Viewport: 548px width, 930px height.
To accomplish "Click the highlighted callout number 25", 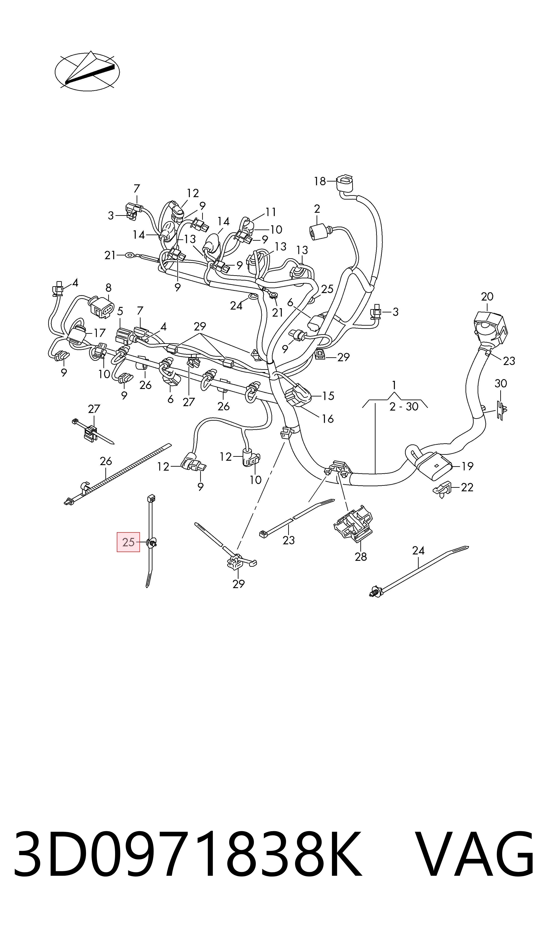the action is (128, 542).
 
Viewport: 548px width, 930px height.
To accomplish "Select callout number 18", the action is (320, 181).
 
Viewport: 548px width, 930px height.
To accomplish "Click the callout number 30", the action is (501, 383).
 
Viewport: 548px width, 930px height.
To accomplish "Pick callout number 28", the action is (361, 557).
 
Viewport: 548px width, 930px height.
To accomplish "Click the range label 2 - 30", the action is (404, 407).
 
